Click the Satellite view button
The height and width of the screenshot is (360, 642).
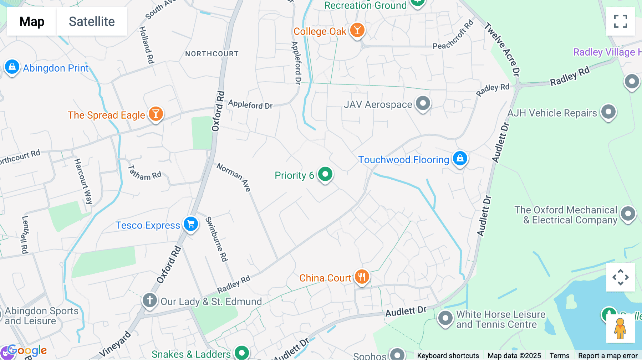92,21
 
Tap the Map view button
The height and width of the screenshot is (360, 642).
32,21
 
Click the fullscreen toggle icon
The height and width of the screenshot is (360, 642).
620,21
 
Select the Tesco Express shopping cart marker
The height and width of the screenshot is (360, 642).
191,224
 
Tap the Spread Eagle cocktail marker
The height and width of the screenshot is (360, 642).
156,114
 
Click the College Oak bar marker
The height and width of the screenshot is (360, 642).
357,30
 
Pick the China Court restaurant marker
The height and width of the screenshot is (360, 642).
362,277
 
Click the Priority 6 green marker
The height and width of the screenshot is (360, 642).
325,174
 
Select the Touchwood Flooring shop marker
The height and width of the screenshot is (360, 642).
460,158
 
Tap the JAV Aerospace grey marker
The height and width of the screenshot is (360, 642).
423,103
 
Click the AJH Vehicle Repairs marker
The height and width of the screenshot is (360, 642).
608,112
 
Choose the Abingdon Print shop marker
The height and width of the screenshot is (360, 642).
12,67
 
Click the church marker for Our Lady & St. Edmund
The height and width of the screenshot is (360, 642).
150,300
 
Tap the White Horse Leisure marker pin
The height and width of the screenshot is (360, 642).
445,318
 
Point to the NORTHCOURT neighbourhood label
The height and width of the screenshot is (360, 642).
212,54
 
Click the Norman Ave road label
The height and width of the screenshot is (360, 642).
234,177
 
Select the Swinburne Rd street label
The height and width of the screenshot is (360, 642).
216,239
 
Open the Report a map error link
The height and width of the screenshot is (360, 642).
608,356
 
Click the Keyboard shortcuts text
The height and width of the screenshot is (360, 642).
448,356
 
